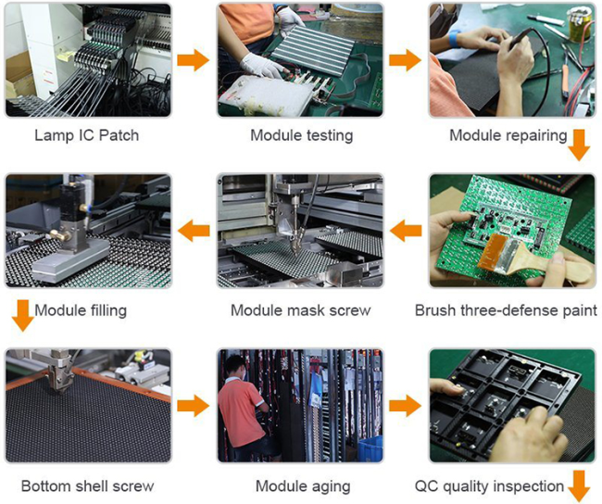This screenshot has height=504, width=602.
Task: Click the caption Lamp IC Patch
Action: pyautogui.click(x=86, y=135)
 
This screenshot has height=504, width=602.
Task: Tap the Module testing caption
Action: pyautogui.click(x=301, y=135)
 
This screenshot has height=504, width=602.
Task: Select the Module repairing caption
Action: pyautogui.click(x=508, y=135)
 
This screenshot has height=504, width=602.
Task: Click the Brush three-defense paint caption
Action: pyautogui.click(x=506, y=310)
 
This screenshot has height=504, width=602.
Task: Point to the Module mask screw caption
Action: pyautogui.click(x=301, y=310)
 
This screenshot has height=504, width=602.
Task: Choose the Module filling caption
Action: pyautogui.click(x=81, y=310)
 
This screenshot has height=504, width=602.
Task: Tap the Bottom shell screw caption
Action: pyautogui.click(x=88, y=486)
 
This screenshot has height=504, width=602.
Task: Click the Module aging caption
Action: pyautogui.click(x=303, y=486)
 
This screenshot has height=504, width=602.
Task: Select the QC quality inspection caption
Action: pyautogui.click(x=489, y=486)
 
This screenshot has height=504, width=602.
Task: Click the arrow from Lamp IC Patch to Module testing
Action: pyautogui.click(x=194, y=60)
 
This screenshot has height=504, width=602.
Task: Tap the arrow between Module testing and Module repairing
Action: pyautogui.click(x=405, y=60)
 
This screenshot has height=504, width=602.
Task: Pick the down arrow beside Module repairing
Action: pyautogui.click(x=579, y=145)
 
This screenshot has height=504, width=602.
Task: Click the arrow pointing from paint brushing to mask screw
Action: pyautogui.click(x=406, y=231)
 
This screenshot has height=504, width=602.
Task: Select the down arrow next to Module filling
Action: pyautogui.click(x=22, y=315)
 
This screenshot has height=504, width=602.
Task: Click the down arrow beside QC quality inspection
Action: pyautogui.click(x=579, y=486)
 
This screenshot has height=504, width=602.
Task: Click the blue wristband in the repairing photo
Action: pyautogui.click(x=454, y=38)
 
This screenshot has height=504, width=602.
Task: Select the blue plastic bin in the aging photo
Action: pyautogui.click(x=370, y=448)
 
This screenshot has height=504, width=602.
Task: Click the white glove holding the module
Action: pyautogui.click(x=262, y=65)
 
